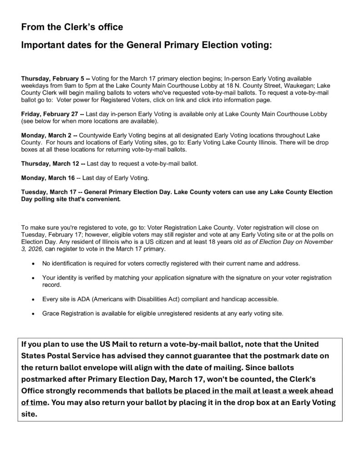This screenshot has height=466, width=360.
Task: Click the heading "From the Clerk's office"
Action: click(x=72, y=27)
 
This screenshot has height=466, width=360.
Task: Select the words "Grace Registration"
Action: click(x=64, y=314)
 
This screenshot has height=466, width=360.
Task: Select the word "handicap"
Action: click(x=238, y=299)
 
